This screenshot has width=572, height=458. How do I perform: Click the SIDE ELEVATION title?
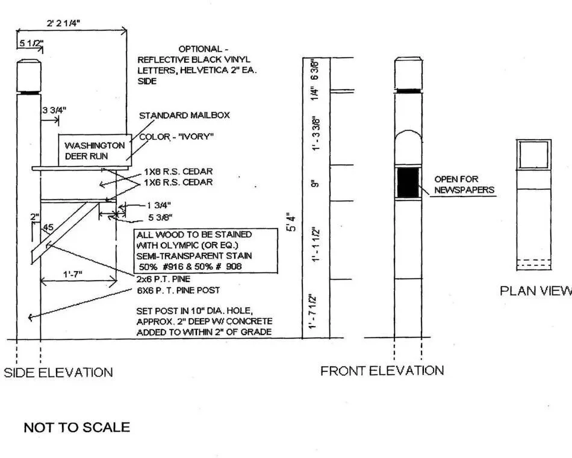tap(58, 372)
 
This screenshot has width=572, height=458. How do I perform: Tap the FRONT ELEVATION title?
tap(382, 371)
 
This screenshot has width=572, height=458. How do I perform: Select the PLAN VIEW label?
tap(535, 291)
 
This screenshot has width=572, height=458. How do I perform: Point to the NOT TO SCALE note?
tap(76, 428)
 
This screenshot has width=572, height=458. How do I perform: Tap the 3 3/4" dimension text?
tap(54, 110)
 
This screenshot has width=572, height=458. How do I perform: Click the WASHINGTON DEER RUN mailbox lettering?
tap(95, 150)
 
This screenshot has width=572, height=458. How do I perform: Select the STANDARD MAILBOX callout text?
tap(184, 115)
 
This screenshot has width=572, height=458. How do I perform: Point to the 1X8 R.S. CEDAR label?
tap(178, 172)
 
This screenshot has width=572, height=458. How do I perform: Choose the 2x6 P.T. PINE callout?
tap(163, 279)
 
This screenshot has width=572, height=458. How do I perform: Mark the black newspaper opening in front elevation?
tap(408, 182)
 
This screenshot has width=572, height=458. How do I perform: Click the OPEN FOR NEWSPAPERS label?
tap(464, 185)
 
